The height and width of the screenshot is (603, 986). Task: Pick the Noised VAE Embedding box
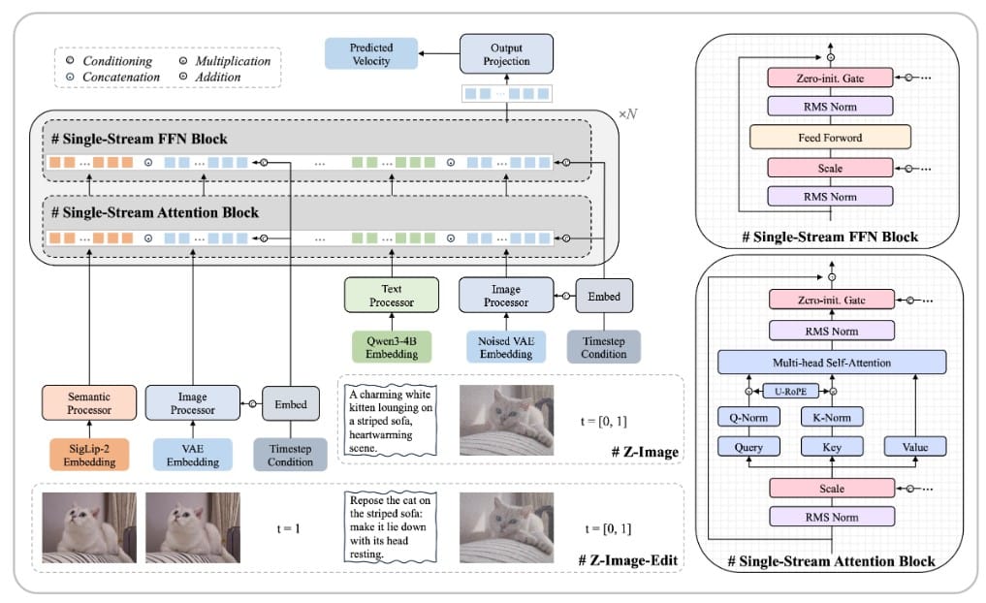pos(506,346)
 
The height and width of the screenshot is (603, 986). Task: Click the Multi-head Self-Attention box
pos(831,362)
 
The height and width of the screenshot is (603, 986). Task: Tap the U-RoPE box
pos(789,392)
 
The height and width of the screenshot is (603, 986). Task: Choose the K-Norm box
pos(830,418)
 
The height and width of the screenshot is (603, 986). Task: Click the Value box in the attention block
pos(915,447)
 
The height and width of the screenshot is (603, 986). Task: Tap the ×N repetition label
pos(629,114)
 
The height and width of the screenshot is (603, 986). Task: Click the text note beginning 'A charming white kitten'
pos(388,419)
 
